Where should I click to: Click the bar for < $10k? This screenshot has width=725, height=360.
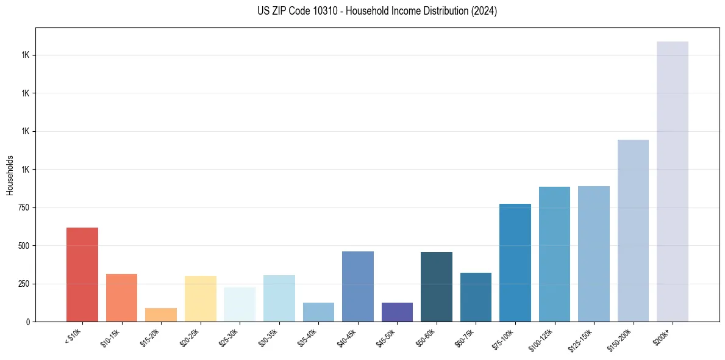[82, 275]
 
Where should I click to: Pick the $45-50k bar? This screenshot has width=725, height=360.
[397, 312]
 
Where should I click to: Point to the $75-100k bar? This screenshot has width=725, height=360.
[515, 262]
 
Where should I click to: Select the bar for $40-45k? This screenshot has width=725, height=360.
[358, 287]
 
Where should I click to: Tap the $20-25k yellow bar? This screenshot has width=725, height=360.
[201, 299]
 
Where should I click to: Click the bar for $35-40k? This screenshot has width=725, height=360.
[318, 312]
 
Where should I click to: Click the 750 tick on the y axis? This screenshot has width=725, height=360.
[25, 207]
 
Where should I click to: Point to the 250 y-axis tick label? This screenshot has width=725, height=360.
[25, 284]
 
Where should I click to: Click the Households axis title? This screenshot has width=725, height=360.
[10, 175]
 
